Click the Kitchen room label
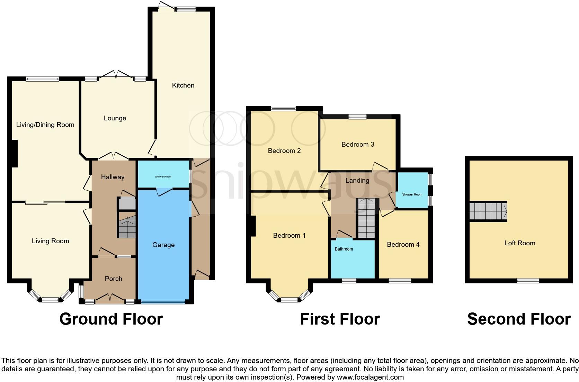[x=183, y=85]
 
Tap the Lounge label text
[x=115, y=118]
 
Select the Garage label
[x=163, y=245]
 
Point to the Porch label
[x=114, y=279]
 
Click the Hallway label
[x=113, y=177]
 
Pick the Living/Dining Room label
[x=45, y=125]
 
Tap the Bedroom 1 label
[x=289, y=236]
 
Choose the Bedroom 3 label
[x=358, y=145]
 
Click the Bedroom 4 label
[x=403, y=245]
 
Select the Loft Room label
[x=519, y=243]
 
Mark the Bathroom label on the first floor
[x=344, y=249]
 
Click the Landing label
[x=357, y=181]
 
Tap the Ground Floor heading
[x=111, y=319]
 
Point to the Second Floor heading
[x=519, y=319]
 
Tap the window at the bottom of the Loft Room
[x=528, y=280]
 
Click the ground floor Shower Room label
[x=163, y=177]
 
